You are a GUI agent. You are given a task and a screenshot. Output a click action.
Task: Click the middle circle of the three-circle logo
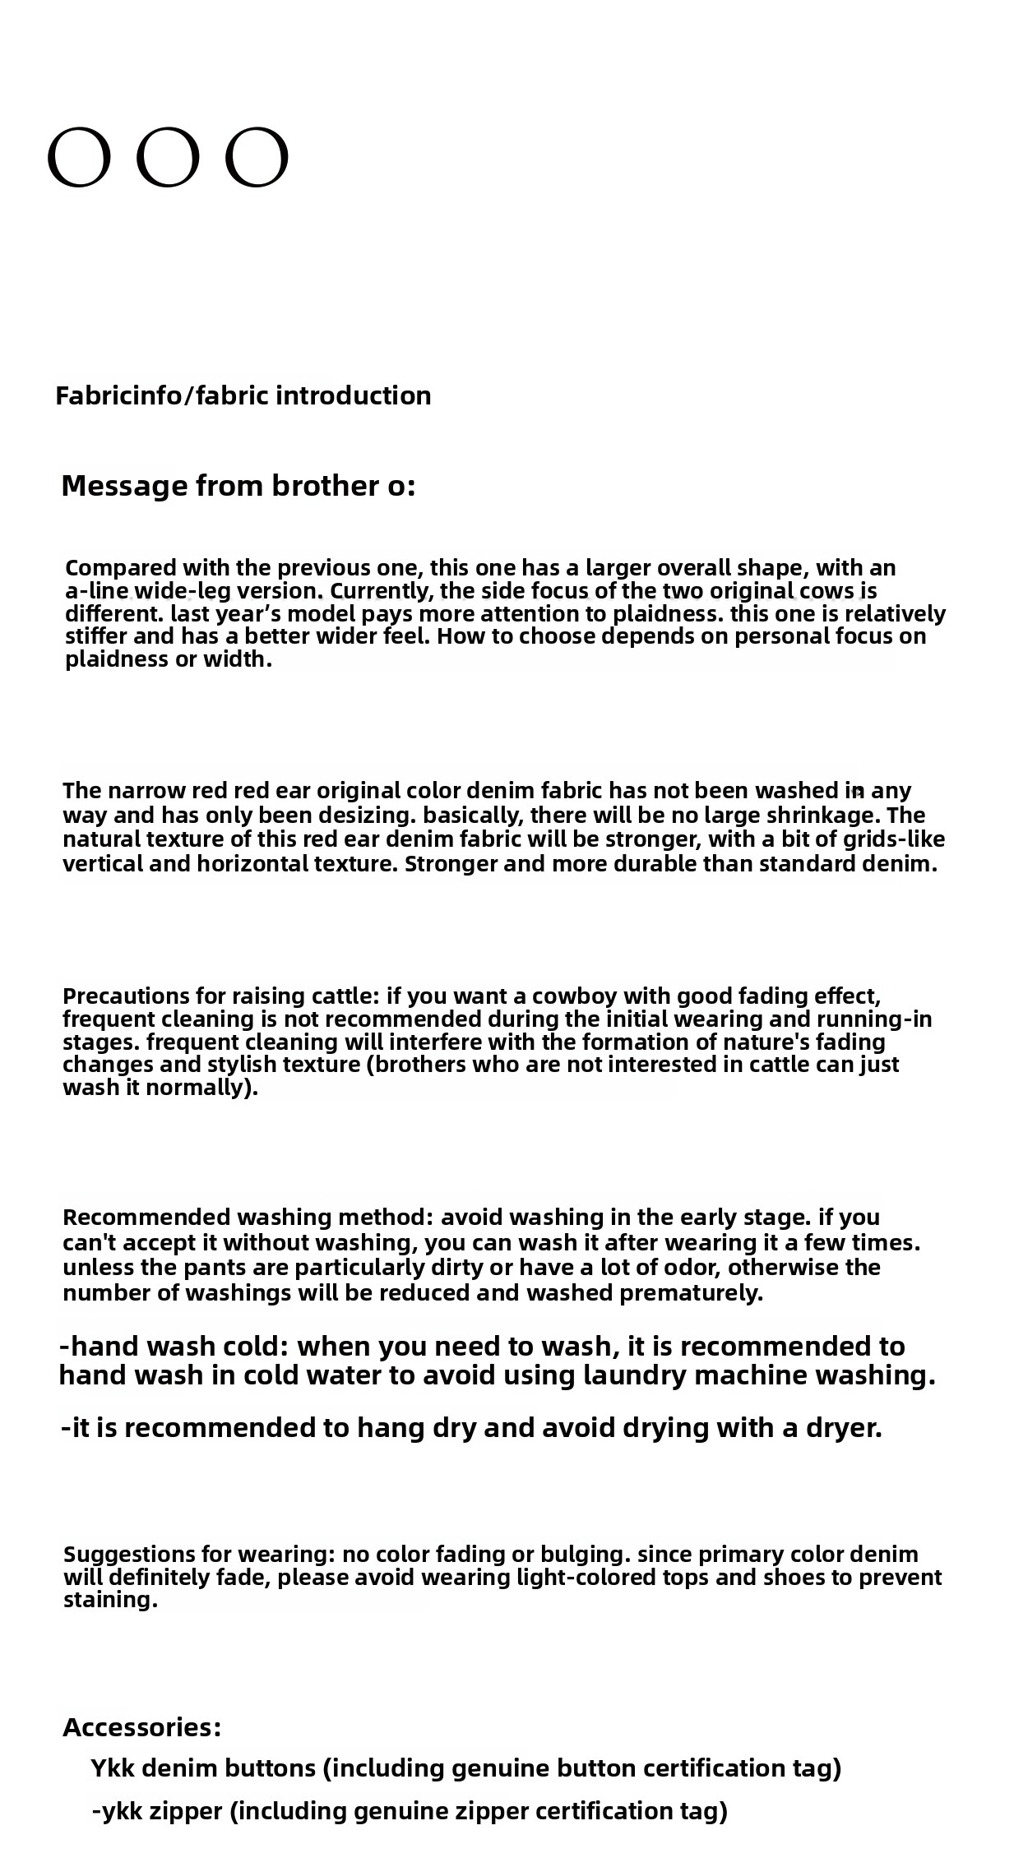[168, 157]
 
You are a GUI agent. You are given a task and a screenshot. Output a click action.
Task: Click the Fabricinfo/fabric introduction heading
[243, 395]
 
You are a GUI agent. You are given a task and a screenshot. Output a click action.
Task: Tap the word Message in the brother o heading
[124, 486]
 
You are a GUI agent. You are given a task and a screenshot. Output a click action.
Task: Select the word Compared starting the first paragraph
[121, 568]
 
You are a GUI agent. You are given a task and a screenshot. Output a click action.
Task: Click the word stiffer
[96, 636]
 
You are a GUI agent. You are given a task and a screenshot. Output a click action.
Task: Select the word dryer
[844, 1428]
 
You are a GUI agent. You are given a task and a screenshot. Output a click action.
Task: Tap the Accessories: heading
[141, 1727]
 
